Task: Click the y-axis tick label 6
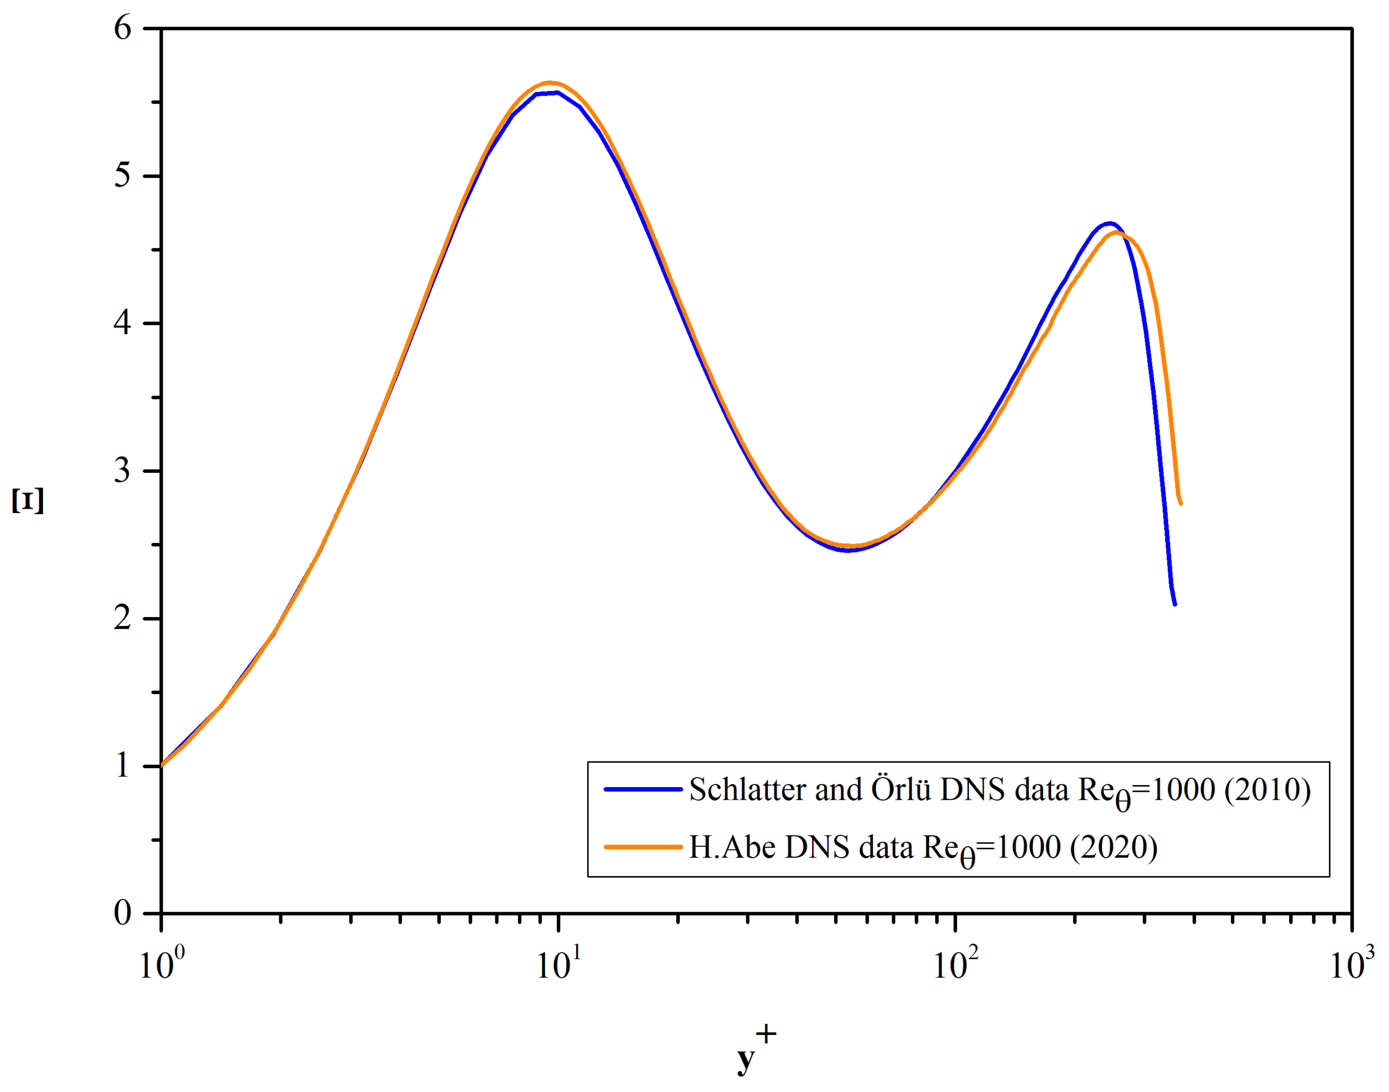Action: pos(123,28)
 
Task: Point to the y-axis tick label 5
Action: pos(123,176)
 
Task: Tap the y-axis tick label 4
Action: pos(123,323)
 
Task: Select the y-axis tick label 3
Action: pos(123,471)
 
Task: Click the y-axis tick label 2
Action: pos(123,618)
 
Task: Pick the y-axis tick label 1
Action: pos(123,765)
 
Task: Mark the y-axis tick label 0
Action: pos(123,913)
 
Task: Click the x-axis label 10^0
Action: pos(161,963)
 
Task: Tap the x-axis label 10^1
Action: pos(558,963)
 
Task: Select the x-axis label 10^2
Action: pos(955,963)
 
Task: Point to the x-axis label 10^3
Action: pos(1351,963)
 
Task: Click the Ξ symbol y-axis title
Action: pos(28,500)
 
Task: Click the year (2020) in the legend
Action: pos(1113,847)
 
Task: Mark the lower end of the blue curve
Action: pos(1174,603)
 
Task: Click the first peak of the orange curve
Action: pos(550,83)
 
